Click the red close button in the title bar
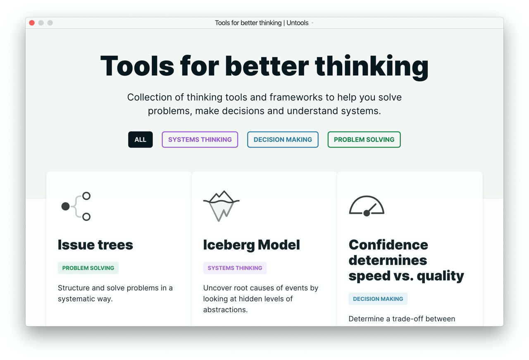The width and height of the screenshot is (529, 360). click(32, 23)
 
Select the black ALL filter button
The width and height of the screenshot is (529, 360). click(140, 140)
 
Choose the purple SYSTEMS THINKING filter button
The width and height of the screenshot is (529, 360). click(200, 140)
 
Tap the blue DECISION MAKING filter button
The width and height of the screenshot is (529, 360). click(283, 140)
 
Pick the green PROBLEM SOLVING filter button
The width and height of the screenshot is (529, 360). click(364, 140)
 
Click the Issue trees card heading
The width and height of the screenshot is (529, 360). click(95, 245)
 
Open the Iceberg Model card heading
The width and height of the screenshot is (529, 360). click(252, 245)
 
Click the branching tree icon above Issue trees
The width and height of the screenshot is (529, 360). click(76, 206)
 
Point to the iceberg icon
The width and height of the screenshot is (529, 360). click(221, 206)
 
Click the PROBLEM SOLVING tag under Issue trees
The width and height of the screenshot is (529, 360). click(88, 268)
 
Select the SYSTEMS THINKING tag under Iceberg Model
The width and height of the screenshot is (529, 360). click(235, 268)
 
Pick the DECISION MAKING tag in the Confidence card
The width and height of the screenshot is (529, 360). click(378, 299)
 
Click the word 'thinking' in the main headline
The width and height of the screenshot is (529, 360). click(372, 67)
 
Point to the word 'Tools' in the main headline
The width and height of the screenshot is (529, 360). click(137, 66)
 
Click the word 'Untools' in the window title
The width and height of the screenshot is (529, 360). click(297, 23)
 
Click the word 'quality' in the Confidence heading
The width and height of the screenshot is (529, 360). click(440, 276)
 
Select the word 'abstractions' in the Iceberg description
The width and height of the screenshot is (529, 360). click(225, 310)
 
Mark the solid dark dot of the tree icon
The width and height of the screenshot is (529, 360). click(65, 207)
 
